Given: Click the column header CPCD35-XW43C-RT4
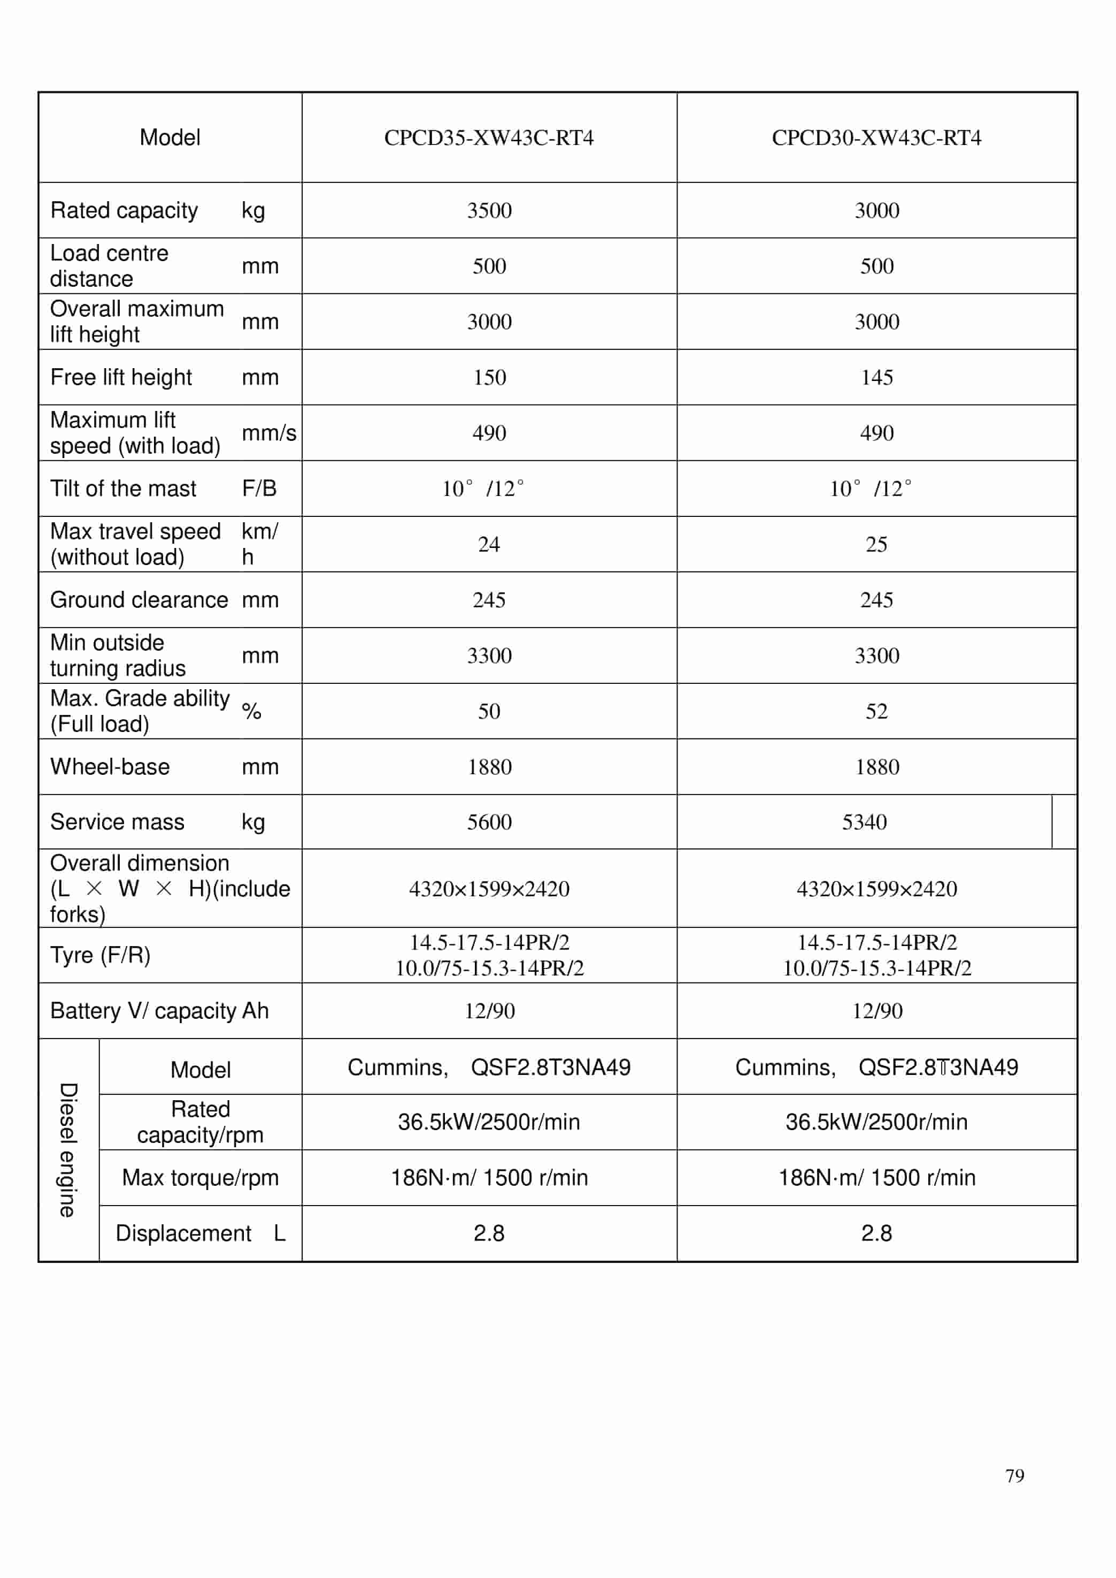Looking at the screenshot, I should click(x=489, y=138).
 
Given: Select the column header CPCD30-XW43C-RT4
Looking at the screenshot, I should click(x=876, y=138).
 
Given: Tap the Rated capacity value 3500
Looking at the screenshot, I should click(x=489, y=210).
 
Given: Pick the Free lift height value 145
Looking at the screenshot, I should click(x=877, y=377).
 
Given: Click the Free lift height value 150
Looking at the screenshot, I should click(x=489, y=377).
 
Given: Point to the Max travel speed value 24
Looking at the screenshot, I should click(x=489, y=545).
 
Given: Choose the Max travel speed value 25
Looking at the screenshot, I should click(x=876, y=545).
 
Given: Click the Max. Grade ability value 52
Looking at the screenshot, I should click(x=876, y=712).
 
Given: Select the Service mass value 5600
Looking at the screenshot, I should click(x=489, y=822).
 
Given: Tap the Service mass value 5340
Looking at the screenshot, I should click(x=865, y=822).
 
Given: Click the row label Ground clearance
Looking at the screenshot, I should click(x=139, y=600).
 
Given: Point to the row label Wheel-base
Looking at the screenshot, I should click(x=110, y=767).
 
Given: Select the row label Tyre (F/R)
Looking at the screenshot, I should click(x=101, y=955).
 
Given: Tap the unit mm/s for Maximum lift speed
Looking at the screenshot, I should click(x=268, y=433).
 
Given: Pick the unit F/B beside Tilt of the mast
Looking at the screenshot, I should click(x=259, y=489).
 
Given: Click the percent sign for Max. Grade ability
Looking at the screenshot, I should click(x=251, y=712).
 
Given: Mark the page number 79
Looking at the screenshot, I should click(x=1014, y=1476).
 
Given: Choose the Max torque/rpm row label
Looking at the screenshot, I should click(x=200, y=1178).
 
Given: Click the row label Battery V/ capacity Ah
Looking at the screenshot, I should click(x=159, y=1011).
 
